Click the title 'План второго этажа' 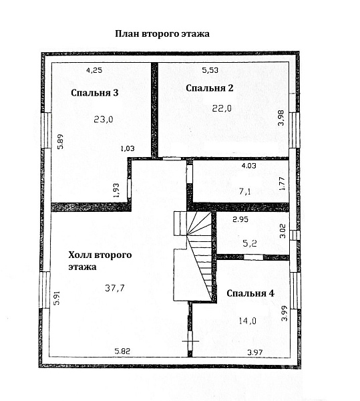click(x=162, y=34)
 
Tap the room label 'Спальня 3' click(x=95, y=93)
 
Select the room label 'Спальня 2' click(x=210, y=88)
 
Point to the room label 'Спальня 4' click(x=250, y=293)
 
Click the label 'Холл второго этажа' click(x=100, y=261)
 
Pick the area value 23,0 click(x=104, y=119)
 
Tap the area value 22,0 click(x=222, y=108)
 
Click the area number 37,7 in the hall click(x=115, y=288)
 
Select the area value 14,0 click(x=247, y=320)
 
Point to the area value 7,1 click(x=245, y=191)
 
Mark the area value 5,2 click(x=250, y=243)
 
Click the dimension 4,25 click(x=94, y=70)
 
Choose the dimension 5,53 click(x=210, y=70)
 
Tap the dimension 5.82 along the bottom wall click(x=122, y=351)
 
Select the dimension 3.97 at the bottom click(x=255, y=352)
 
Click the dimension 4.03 click(x=249, y=166)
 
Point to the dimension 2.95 click(x=240, y=219)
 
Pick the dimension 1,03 click(x=128, y=148)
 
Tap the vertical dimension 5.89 click(x=60, y=142)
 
